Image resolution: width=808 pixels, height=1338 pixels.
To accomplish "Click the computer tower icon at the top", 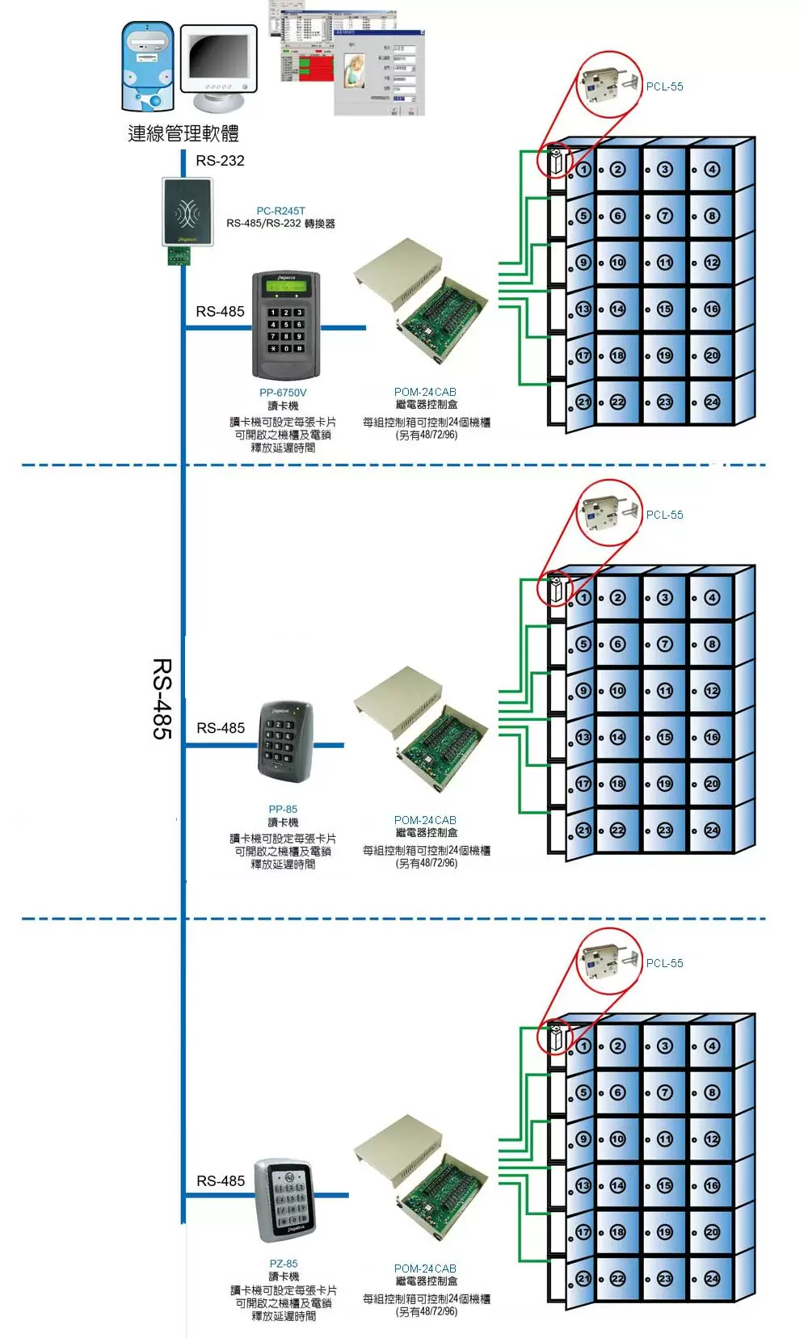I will pyautogui.click(x=148, y=67).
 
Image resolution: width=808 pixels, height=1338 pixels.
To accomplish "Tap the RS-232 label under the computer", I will pyautogui.click(x=220, y=161).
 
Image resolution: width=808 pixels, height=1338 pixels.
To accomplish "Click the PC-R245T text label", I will pyautogui.click(x=280, y=211).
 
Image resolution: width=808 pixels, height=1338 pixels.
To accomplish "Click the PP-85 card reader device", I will pyautogui.click(x=284, y=742).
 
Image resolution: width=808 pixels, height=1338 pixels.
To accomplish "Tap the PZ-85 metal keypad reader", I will pyautogui.click(x=284, y=1199).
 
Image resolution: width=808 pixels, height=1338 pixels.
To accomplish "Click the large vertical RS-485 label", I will pyautogui.click(x=162, y=698).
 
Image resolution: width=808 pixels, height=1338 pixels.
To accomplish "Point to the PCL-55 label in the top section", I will pyautogui.click(x=664, y=86).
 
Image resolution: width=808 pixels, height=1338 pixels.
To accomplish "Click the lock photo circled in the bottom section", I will pyautogui.click(x=608, y=959).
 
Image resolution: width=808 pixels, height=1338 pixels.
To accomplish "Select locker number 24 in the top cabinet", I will pyautogui.click(x=711, y=402).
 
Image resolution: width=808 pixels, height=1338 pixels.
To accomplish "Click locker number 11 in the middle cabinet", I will pyautogui.click(x=664, y=691).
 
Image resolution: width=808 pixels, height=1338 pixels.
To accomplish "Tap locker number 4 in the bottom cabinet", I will pyautogui.click(x=711, y=1046).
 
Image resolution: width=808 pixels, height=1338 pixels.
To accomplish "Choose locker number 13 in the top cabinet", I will pyautogui.click(x=583, y=309).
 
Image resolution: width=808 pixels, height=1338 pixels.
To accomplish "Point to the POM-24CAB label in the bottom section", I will pyautogui.click(x=425, y=1269).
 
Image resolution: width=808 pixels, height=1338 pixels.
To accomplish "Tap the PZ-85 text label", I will pyautogui.click(x=284, y=1264).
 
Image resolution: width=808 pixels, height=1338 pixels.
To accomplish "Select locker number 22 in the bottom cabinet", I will pyautogui.click(x=617, y=1279).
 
